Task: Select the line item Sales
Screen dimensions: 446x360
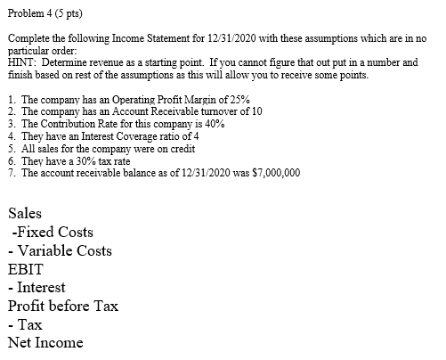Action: point(24,214)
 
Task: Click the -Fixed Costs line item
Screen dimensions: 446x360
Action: point(53,233)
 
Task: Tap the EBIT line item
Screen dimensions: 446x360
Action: point(24,269)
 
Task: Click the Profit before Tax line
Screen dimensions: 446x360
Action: point(62,306)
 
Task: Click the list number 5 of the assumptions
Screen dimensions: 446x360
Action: point(9,149)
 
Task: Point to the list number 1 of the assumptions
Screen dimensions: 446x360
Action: point(9,101)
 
